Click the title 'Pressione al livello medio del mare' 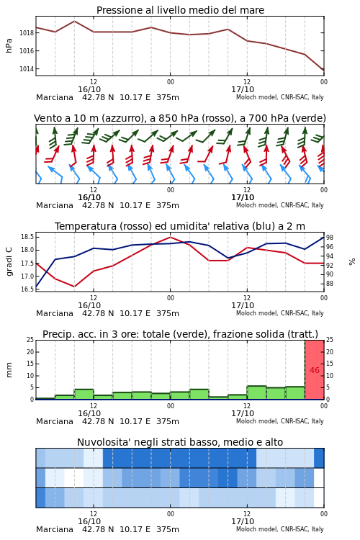(180, 10)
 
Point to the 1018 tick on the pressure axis (27, 33)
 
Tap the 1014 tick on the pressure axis (27, 69)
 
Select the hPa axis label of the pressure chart (9, 46)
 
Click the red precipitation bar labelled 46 (315, 370)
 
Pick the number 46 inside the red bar (315, 370)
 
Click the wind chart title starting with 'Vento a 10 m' (180, 118)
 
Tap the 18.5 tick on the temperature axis (27, 237)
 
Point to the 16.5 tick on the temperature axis (27, 289)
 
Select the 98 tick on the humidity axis (330, 238)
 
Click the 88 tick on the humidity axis (330, 284)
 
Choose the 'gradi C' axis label (9, 262)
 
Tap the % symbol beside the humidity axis (352, 262)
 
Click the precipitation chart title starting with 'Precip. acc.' (180, 334)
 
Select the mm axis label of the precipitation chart (9, 370)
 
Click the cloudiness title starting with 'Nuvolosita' (180, 442)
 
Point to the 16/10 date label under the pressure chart (89, 89)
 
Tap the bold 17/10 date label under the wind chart (243, 197)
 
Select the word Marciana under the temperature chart (55, 313)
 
